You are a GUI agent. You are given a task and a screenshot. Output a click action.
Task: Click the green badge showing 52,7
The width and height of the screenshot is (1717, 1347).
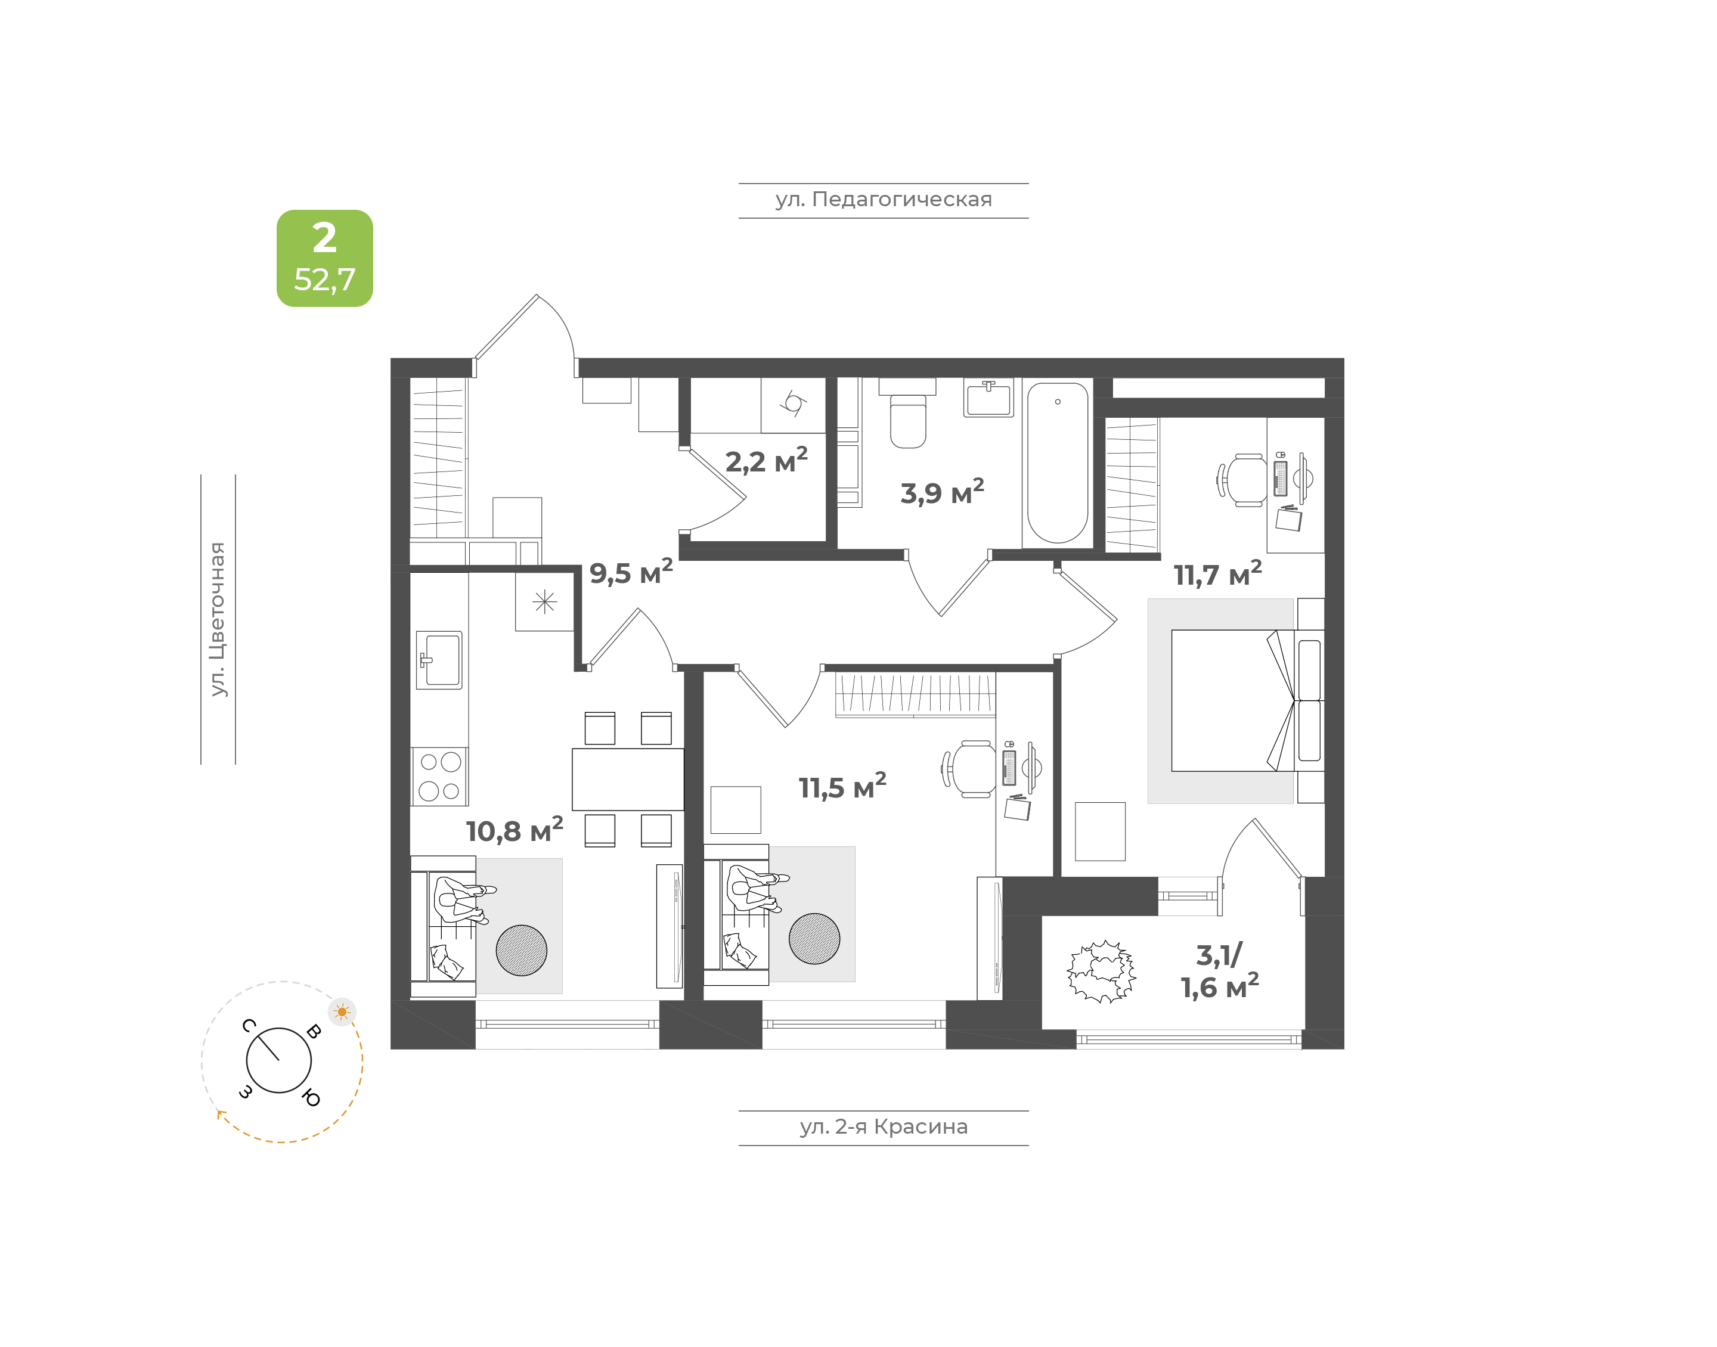point(324,258)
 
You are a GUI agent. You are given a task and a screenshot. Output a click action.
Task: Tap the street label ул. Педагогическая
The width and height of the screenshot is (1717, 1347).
point(884,200)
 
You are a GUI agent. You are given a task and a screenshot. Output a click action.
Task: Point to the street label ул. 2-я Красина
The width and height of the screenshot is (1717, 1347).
point(884,1127)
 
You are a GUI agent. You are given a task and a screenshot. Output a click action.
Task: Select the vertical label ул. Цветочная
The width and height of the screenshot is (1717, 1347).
point(218,619)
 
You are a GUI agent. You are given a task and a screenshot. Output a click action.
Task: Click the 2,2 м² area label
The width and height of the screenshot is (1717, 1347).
point(766,461)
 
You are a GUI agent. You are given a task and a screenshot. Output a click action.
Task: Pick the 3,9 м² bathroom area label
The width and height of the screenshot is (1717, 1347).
point(942,492)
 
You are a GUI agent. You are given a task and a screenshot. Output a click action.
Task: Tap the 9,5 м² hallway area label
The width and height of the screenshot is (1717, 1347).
point(631,572)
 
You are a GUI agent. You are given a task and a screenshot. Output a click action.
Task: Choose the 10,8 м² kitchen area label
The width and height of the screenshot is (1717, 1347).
point(515,830)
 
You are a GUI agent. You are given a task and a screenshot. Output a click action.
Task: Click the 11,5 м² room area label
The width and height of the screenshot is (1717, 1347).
point(842,786)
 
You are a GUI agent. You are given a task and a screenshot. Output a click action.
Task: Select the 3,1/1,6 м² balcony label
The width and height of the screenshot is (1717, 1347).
point(1219,972)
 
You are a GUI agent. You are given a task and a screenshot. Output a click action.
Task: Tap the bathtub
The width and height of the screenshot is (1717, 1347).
point(1058,463)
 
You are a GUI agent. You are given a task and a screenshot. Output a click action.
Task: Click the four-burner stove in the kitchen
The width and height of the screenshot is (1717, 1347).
point(439,777)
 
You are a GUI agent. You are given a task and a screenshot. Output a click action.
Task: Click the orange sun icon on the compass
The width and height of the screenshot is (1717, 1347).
point(342,1012)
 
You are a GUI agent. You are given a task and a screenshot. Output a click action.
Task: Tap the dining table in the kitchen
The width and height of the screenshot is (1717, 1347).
point(628,779)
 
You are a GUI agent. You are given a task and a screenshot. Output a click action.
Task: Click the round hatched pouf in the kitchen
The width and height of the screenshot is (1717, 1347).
point(521,950)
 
